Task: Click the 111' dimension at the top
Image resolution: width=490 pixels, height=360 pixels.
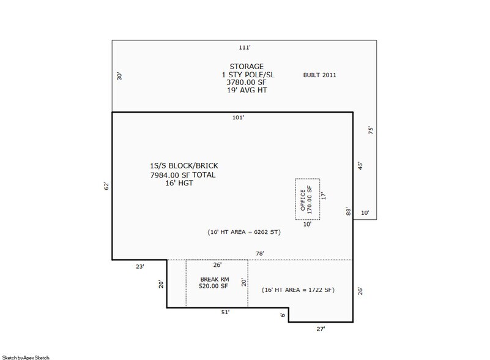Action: click(245, 47)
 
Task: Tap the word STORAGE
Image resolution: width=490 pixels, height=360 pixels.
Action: click(247, 66)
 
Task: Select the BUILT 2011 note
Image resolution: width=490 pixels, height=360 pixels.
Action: click(319, 75)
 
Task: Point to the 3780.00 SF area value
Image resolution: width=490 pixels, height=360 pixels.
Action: click(247, 82)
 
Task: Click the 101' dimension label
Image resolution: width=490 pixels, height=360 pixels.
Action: click(238, 118)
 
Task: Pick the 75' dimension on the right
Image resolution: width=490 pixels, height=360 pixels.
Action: click(371, 130)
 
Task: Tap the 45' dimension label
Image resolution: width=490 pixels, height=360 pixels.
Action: click(360, 166)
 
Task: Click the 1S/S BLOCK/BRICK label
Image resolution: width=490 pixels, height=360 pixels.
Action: click(184, 166)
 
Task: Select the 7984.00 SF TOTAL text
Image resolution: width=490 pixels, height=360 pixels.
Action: click(183, 175)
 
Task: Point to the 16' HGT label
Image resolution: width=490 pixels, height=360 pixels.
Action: click(179, 183)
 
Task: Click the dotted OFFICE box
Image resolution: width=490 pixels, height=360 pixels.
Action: click(295, 199)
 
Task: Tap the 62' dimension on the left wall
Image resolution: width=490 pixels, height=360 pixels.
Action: click(106, 186)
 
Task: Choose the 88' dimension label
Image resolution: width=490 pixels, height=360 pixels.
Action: click(349, 211)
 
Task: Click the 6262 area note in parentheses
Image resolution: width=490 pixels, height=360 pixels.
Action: click(244, 232)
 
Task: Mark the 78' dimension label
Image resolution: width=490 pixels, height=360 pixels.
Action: click(260, 253)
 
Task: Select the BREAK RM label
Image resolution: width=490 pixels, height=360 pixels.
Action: click(215, 279)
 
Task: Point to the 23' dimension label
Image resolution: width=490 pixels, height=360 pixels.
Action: click(140, 266)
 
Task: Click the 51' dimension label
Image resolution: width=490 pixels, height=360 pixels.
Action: click(225, 312)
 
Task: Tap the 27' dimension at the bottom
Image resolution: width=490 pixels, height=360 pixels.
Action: click(321, 329)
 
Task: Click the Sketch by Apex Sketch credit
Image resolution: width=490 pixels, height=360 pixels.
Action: click(26, 358)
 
